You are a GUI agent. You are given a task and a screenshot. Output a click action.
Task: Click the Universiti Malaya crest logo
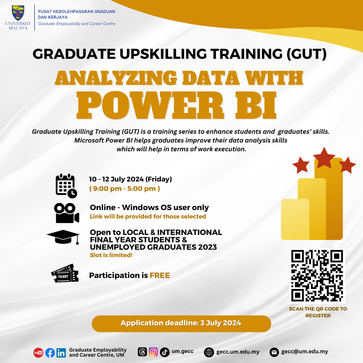pos(18,13)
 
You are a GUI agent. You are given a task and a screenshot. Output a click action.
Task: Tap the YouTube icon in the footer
pos(38,352)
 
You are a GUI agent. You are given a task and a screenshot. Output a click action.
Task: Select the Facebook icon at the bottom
pos(50,352)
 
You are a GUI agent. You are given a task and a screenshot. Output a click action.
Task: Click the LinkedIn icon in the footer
pos(61,352)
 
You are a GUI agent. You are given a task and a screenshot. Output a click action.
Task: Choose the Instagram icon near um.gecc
pos(153,352)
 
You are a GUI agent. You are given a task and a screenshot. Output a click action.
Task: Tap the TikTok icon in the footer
pos(165,352)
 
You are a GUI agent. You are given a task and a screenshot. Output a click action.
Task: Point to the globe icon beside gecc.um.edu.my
pos(209,352)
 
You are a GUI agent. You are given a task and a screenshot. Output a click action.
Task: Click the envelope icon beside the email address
pos(275,352)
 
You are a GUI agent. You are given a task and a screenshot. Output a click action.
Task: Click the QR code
pos(317,276)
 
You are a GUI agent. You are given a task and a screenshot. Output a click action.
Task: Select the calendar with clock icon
pos(66,186)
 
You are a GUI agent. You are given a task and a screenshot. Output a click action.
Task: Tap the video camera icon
pos(66,213)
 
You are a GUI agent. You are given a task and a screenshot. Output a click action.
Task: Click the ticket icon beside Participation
pos(65,274)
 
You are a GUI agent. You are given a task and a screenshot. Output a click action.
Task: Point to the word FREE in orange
pos(160,276)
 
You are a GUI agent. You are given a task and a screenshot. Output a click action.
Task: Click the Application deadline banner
pos(181,323)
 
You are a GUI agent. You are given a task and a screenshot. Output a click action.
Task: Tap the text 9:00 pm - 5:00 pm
pos(124,189)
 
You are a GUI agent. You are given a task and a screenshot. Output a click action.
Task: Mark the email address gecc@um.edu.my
pos(305,352)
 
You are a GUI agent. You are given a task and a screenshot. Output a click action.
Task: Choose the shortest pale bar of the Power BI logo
pos(295,219)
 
